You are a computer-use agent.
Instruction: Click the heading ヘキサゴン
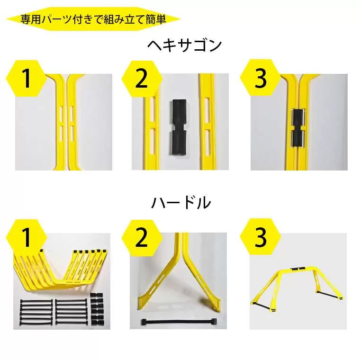tap(185, 45)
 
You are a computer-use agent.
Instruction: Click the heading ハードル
tap(181, 203)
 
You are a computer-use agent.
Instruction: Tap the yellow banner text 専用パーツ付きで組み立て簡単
tap(93, 19)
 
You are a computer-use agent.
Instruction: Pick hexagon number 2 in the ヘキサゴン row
tap(142, 79)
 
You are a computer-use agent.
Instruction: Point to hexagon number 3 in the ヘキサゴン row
tap(260, 78)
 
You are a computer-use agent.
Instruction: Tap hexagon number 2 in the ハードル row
tap(142, 238)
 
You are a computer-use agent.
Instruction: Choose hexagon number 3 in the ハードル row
tap(260, 236)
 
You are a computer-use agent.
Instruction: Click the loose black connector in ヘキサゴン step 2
tap(178, 127)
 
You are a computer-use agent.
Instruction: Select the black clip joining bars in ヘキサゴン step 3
tap(298, 127)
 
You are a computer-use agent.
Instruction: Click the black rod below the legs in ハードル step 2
tap(179, 322)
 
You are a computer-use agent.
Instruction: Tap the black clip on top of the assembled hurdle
tap(298, 269)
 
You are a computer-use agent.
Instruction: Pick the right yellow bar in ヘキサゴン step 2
tap(207, 122)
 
